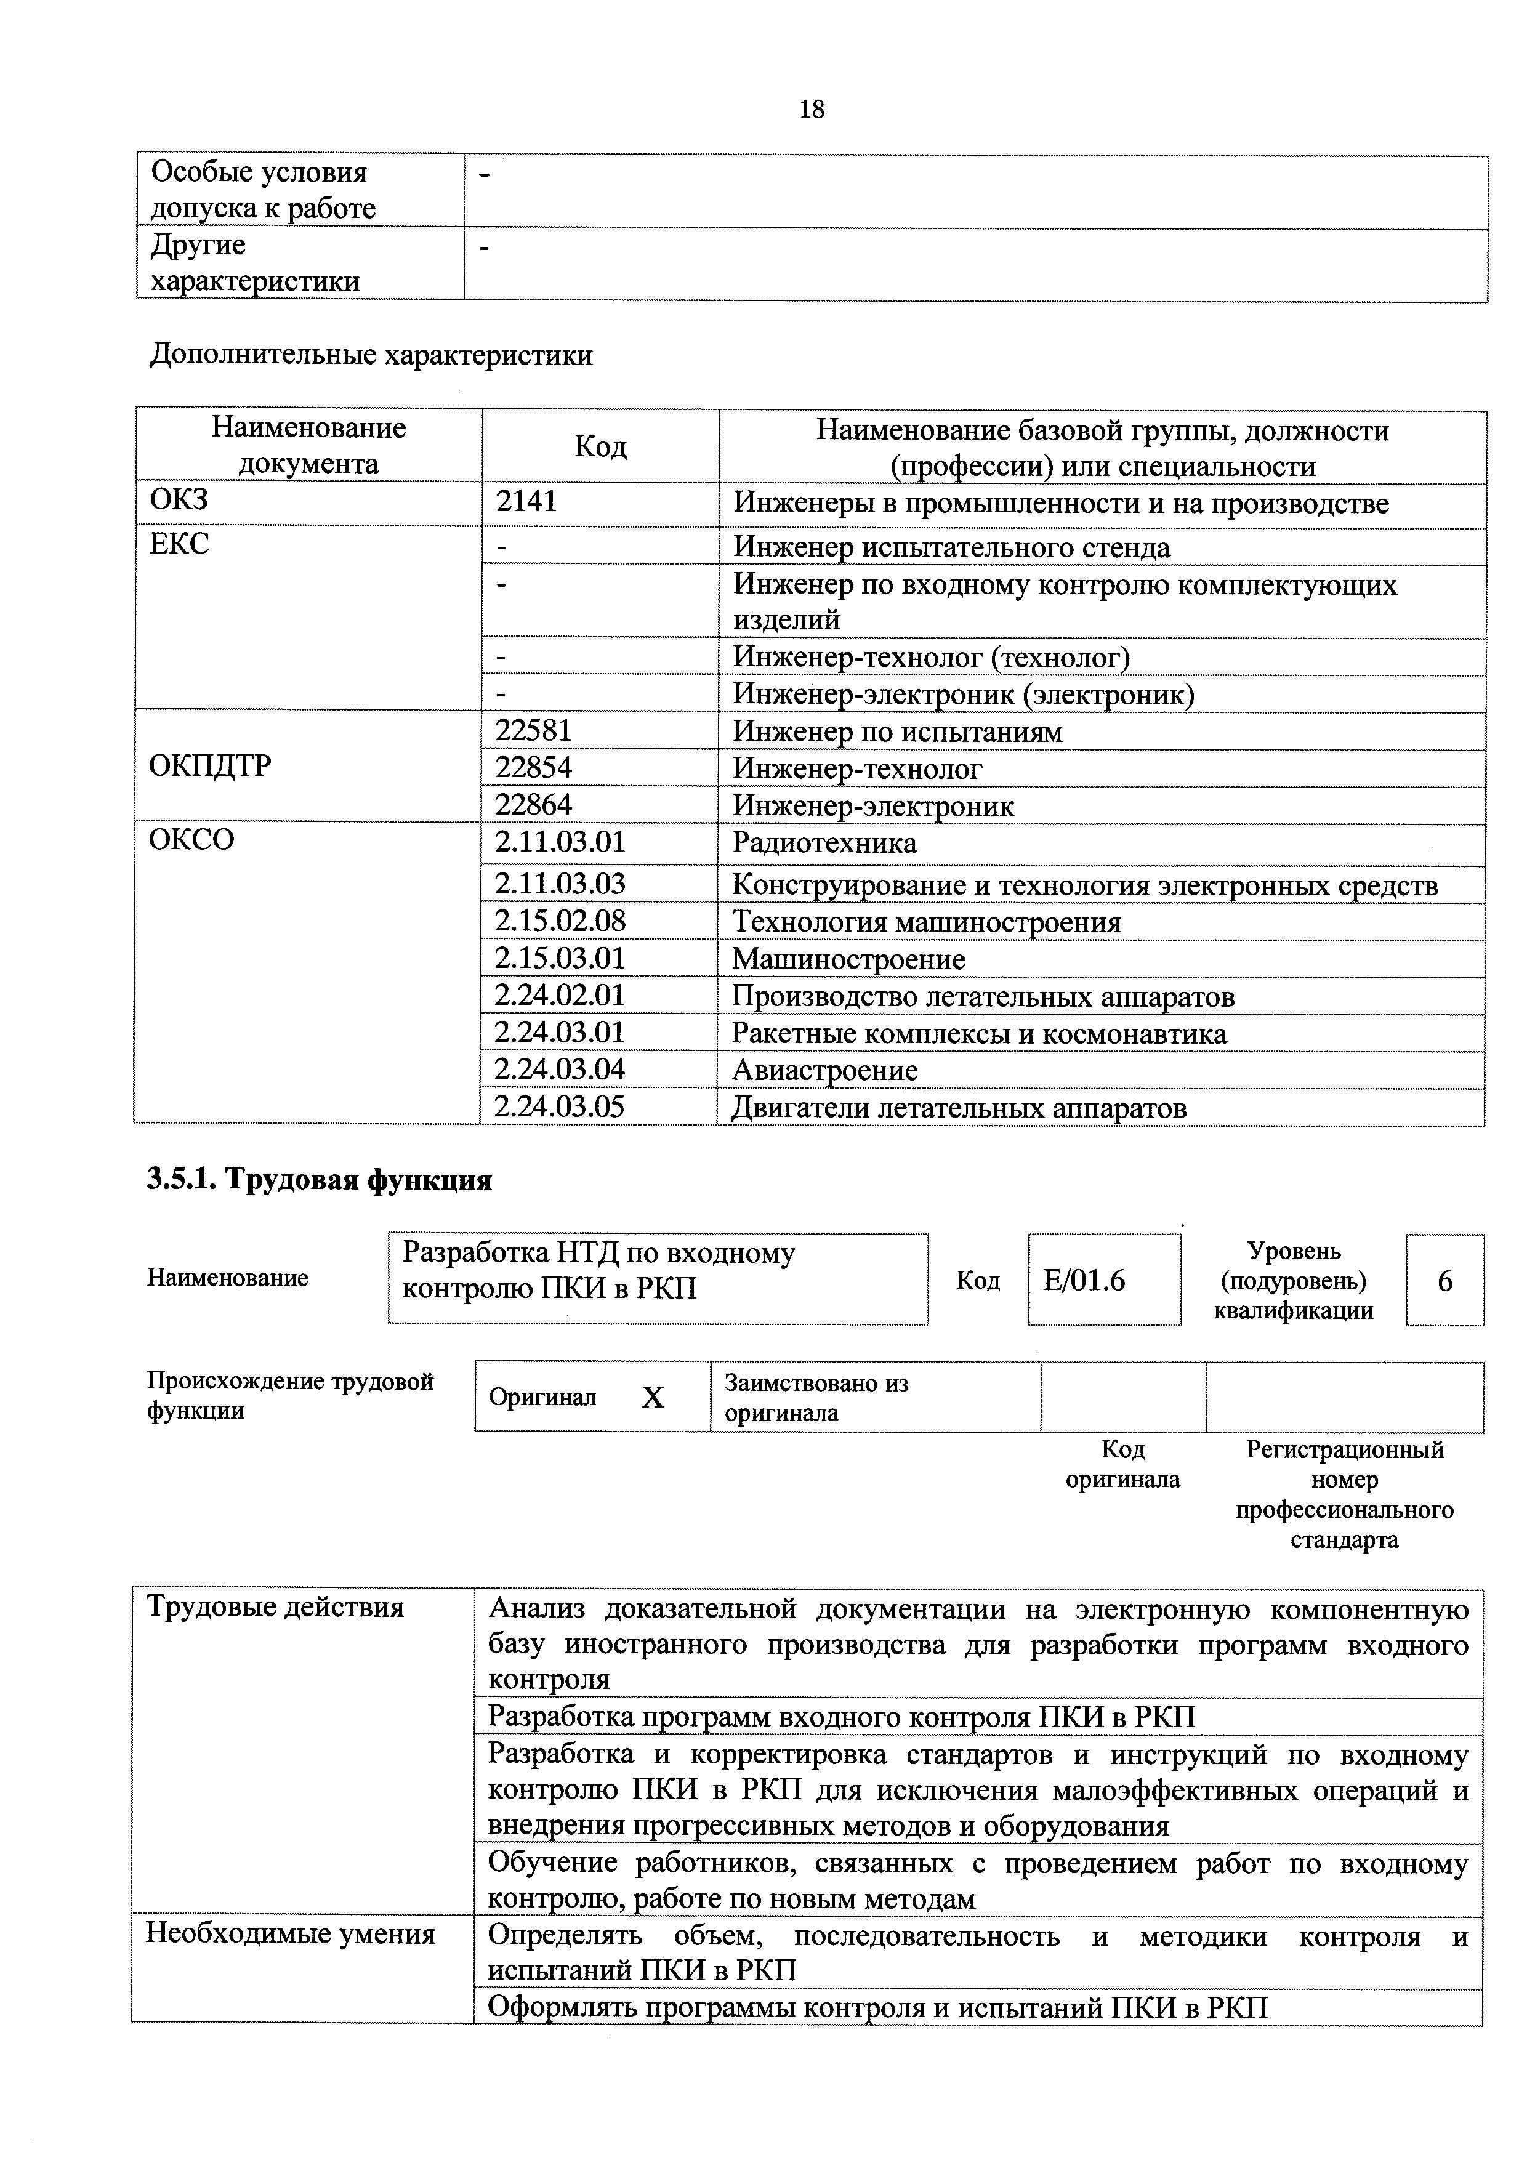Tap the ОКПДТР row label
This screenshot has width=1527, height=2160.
point(210,766)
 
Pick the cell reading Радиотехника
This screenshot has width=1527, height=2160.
point(824,843)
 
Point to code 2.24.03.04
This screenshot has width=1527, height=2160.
point(560,1070)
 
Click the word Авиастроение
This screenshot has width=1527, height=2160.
point(825,1071)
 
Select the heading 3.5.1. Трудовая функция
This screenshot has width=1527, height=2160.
point(319,1180)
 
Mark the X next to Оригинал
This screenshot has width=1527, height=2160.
point(653,1398)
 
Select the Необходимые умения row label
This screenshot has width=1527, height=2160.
point(291,1934)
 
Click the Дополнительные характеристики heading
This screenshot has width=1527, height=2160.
point(372,356)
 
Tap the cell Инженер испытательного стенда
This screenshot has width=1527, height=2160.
point(952,547)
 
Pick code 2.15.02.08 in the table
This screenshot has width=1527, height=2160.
point(560,921)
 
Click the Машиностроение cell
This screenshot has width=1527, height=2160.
point(848,959)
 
